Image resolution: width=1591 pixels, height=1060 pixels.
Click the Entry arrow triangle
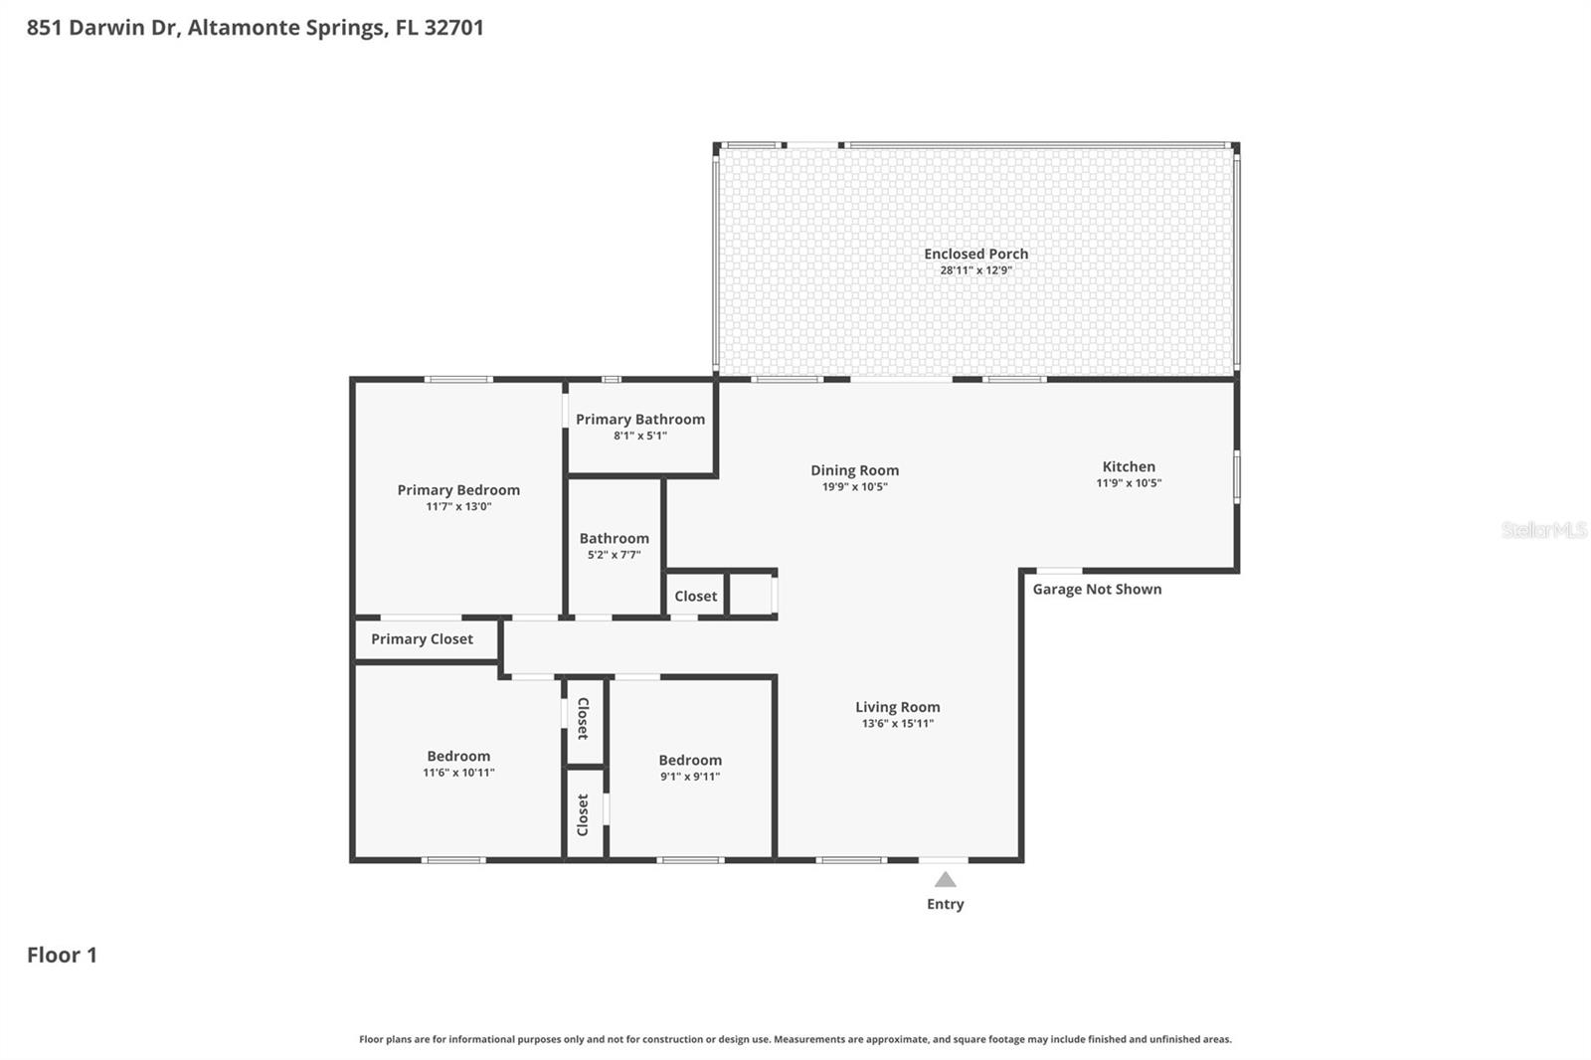pos(945,880)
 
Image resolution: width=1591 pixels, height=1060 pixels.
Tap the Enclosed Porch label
pos(975,254)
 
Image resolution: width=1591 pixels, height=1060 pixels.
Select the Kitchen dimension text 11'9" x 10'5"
pos(1129,483)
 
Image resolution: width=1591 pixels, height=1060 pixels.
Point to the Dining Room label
pos(854,470)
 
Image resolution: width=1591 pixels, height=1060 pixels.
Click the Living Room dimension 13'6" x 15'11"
pos(897,724)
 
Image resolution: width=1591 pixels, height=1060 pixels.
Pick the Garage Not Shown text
pos(1097,590)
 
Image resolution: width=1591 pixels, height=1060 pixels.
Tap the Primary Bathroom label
pos(640,420)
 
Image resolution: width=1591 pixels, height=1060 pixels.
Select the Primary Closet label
pos(422,639)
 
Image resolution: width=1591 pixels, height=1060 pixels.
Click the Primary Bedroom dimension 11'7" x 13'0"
pos(458,507)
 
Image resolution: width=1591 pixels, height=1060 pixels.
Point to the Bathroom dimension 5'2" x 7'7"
pos(614,555)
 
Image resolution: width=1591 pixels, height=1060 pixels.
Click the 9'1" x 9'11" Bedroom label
pos(690,760)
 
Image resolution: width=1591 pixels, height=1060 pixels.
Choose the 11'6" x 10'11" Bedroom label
pos(458,756)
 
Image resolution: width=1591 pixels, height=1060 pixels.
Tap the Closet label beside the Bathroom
pos(695,597)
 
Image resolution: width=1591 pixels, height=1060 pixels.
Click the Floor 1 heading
pos(62,956)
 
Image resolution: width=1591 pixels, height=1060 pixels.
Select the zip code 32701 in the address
pos(453,28)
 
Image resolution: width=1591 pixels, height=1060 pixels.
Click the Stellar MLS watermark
pos(1543,530)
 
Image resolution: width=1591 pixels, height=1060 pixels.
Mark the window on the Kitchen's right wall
pos(1237,476)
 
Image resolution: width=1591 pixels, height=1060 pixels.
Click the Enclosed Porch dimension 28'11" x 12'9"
pos(975,270)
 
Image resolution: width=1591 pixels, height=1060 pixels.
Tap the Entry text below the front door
pos(945,904)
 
